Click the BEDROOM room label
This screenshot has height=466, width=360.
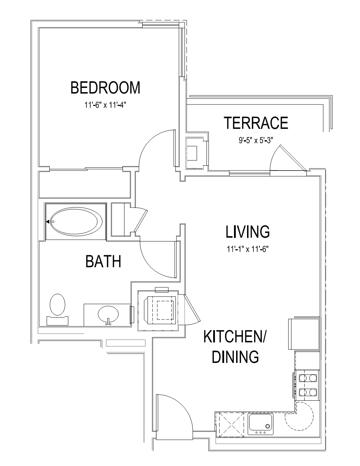[x=105, y=88]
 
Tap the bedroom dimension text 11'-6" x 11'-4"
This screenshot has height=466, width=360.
[x=105, y=105]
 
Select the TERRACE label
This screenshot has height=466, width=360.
[x=256, y=123]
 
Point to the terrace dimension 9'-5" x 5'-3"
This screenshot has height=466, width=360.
[x=256, y=141]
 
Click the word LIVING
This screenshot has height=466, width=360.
[x=248, y=232]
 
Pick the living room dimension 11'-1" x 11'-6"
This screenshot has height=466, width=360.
[x=248, y=249]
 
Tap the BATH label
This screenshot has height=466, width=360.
[x=103, y=261]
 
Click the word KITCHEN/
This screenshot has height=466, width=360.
[x=235, y=337]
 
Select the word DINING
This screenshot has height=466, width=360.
[x=235, y=357]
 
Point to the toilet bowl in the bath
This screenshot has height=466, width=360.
[x=57, y=305]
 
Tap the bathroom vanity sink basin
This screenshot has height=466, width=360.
[x=108, y=315]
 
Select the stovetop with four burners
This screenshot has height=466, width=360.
[x=307, y=385]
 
